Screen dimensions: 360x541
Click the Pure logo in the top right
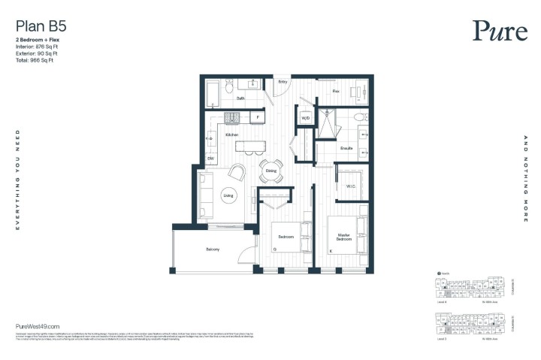point(495,30)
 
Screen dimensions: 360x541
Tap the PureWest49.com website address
point(38,325)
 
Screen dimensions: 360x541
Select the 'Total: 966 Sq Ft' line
point(35,60)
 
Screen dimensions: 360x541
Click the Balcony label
point(213,250)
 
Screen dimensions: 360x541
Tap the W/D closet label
point(306,119)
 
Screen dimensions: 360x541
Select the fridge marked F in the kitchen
point(258,118)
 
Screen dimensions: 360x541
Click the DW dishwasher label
point(212,159)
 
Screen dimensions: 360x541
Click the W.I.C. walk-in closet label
point(350,186)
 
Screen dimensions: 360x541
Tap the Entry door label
point(283,82)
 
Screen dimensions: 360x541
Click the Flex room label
point(336,91)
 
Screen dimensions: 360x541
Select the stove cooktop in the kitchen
point(231,117)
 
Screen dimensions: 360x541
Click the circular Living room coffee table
point(228,196)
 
